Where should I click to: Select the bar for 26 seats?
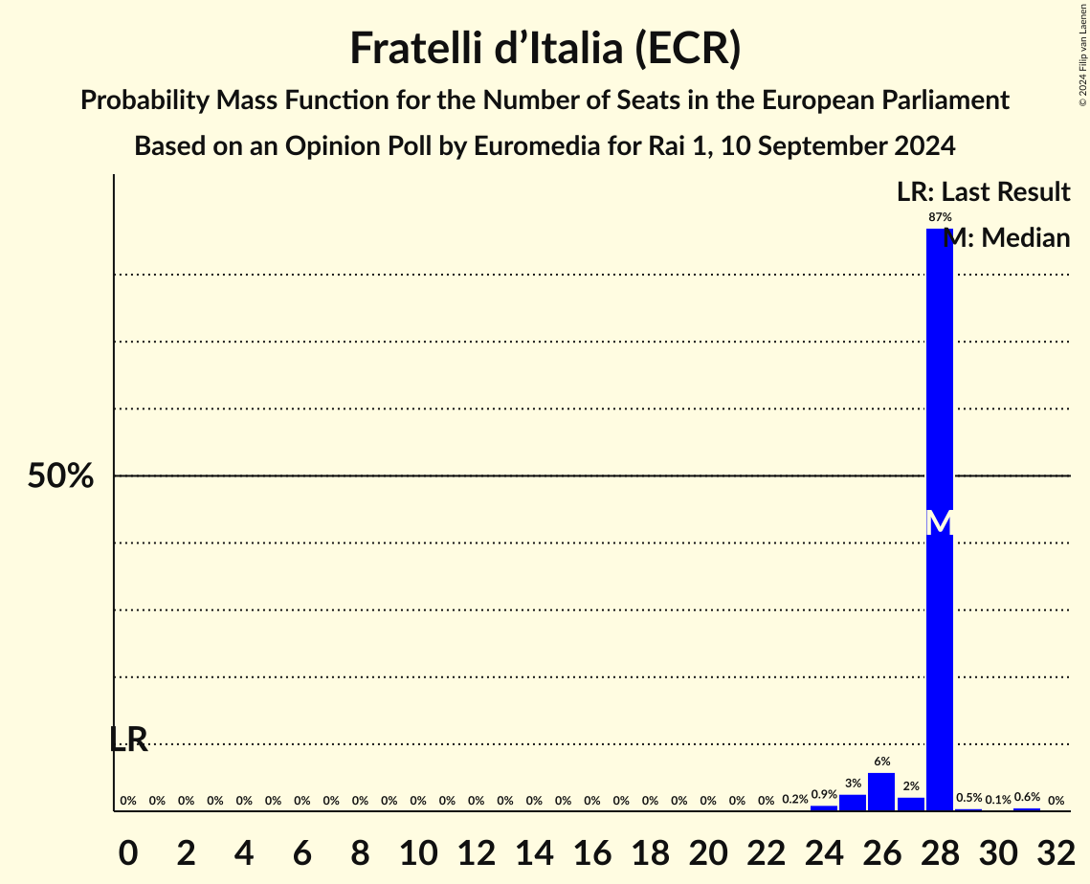(881, 791)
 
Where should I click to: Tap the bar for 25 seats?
(853, 802)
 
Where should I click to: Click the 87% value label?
(940, 217)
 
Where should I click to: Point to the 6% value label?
(881, 762)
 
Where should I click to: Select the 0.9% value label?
(824, 794)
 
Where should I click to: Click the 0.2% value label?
(794, 800)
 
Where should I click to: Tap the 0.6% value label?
(1027, 797)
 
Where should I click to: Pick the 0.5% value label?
(968, 798)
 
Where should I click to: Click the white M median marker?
(940, 523)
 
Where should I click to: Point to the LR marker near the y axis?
(128, 739)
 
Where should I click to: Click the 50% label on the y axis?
(60, 476)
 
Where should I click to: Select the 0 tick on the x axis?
(128, 851)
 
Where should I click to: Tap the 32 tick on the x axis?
(1056, 851)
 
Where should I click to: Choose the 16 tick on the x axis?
(591, 851)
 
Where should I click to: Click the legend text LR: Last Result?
(983, 192)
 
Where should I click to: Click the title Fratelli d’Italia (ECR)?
(545, 49)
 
